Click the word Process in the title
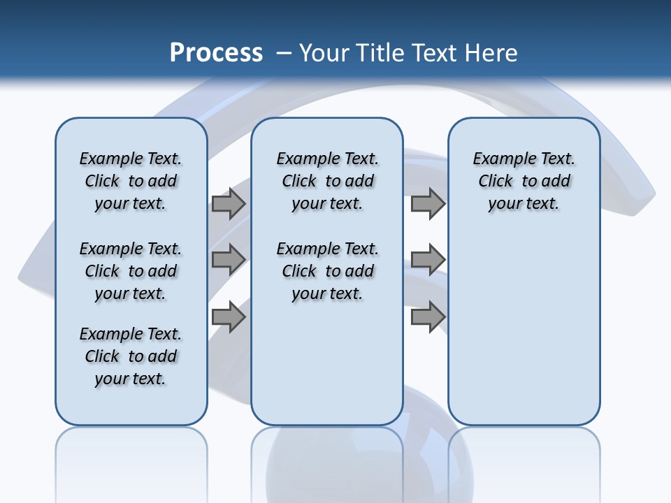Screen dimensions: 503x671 [x=216, y=53]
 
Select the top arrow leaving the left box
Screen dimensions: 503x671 [x=229, y=203]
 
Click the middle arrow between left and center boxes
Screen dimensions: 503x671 [x=229, y=259]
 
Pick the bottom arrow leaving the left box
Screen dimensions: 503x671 [x=229, y=316]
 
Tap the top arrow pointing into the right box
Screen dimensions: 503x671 [x=428, y=203]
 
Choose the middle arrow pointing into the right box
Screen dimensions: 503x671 [x=428, y=259]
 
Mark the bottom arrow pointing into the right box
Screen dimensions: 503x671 [x=428, y=316]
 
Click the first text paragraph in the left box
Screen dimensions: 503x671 [x=131, y=181]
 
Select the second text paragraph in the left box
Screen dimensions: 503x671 [x=131, y=271]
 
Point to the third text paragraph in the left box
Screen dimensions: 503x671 [x=131, y=356]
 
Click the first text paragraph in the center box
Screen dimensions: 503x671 [x=327, y=181]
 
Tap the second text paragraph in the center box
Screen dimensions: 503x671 [x=327, y=271]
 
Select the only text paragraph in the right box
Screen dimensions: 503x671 [x=524, y=181]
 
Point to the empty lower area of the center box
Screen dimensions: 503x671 [x=327, y=363]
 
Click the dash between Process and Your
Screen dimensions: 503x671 [x=284, y=53]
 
